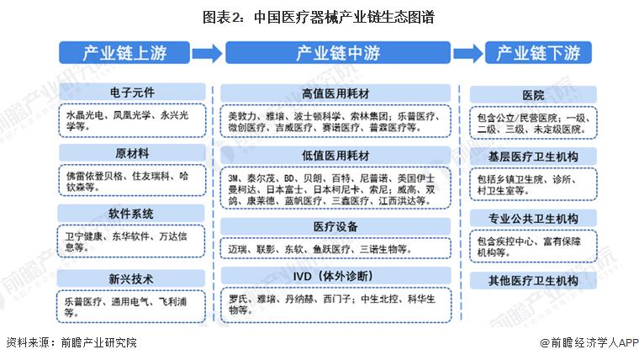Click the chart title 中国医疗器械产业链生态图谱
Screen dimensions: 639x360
(x=319, y=17)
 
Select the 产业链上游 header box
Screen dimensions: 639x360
(x=124, y=53)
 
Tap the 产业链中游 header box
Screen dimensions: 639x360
(x=338, y=53)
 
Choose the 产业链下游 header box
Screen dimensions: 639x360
(x=538, y=53)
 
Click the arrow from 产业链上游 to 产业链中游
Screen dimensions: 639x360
(x=207, y=53)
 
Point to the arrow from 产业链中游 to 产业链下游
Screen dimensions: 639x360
(x=467, y=53)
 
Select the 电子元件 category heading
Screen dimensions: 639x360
(x=132, y=93)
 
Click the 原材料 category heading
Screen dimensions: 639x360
(x=132, y=153)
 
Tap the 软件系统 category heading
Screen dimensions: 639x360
(x=131, y=214)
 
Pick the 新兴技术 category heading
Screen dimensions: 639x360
(x=131, y=279)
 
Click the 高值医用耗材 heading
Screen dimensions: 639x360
(x=335, y=93)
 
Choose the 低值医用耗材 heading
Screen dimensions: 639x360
(x=335, y=156)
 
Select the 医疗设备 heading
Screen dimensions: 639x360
(x=335, y=226)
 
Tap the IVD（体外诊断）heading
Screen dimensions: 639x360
(x=335, y=276)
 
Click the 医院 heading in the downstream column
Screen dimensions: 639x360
(x=533, y=95)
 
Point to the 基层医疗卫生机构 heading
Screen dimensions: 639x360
(x=533, y=156)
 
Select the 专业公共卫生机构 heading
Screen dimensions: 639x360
(x=533, y=219)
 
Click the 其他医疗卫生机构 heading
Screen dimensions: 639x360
(x=533, y=280)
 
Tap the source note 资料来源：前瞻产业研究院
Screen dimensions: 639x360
(x=71, y=342)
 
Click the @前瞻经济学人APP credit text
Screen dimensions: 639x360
(x=589, y=342)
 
